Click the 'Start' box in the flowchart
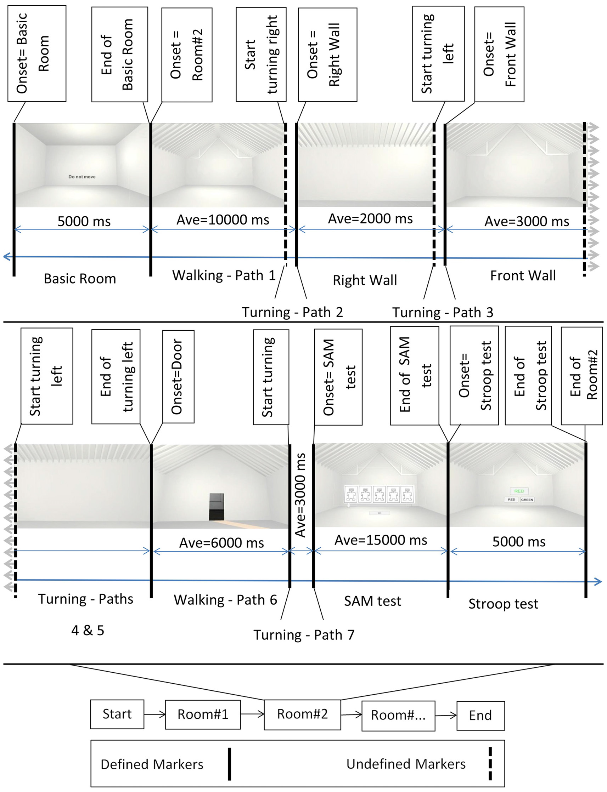point(117,714)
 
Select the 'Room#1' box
point(203,714)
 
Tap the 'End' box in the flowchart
point(480,716)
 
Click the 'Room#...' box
point(398,716)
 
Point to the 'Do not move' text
point(82,177)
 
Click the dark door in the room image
point(217,506)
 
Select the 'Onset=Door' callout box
point(178,376)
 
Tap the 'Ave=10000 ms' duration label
point(223,220)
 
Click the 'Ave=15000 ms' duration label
point(381,540)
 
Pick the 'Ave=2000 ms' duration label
point(370,219)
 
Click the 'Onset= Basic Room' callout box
point(37,53)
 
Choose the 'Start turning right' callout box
point(261,55)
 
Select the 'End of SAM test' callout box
point(415,376)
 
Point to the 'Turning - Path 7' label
point(303,634)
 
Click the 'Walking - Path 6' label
point(225,600)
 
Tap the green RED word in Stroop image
point(519,491)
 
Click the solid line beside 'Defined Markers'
point(229,763)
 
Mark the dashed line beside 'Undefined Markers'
point(490,763)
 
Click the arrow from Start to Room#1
point(154,714)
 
